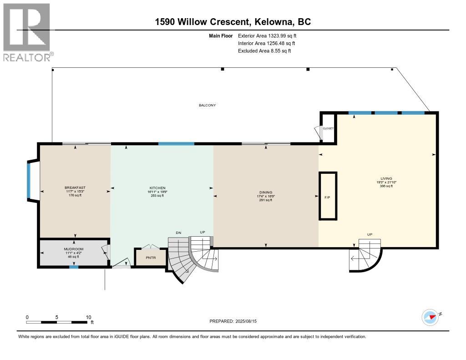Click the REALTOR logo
point(28,32)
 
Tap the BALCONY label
point(207,105)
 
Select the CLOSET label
point(328,128)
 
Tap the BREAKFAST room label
point(75,188)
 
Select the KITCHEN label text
point(157,188)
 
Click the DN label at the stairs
point(178,233)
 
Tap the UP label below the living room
point(370,234)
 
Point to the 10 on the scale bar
point(89,317)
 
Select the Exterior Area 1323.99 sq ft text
point(268,35)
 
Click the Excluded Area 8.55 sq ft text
point(264,51)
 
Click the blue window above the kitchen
point(176,144)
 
